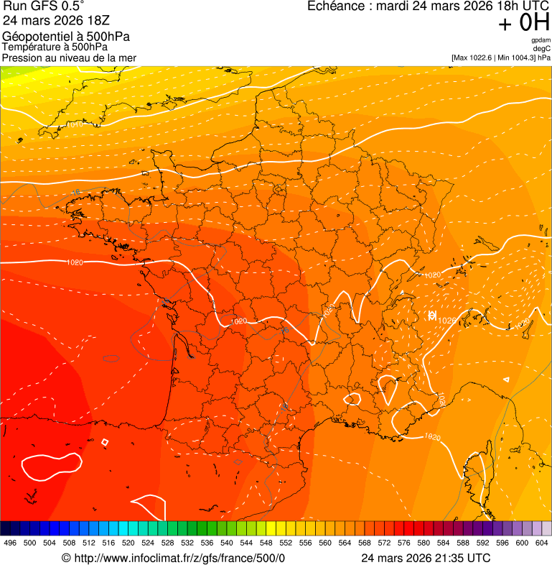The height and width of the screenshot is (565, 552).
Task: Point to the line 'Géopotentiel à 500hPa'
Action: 66,37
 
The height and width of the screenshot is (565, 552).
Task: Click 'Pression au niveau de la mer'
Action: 69,58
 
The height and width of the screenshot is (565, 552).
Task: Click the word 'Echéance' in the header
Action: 335,6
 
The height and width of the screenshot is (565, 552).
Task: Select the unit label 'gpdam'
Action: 541,40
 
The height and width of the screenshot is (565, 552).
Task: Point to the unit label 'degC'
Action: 542,48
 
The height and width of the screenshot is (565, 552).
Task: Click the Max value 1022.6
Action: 486,57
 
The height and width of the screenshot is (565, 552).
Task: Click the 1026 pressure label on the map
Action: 446,321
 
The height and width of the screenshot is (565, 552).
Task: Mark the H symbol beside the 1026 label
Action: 432,316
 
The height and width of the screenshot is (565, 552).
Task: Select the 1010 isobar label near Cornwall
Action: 74,124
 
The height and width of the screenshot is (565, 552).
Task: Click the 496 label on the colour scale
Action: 10,543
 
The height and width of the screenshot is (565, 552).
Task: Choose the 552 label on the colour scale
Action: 285,543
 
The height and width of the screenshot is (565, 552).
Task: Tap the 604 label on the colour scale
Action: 541,543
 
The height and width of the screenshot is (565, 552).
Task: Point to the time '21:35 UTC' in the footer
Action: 464,558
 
